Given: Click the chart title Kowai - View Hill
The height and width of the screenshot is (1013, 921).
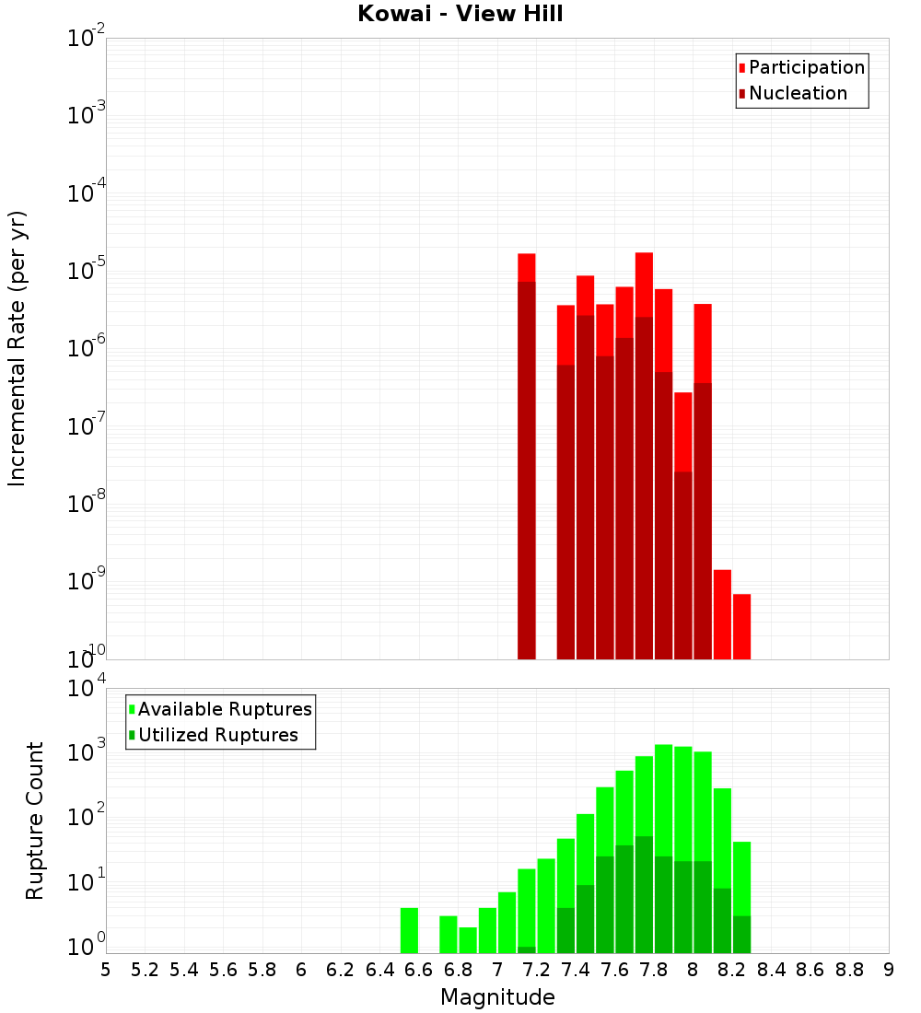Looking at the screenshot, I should [x=460, y=14].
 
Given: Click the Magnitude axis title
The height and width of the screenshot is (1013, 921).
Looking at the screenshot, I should [x=497, y=997].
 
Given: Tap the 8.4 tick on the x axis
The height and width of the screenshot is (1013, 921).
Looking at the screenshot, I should [x=772, y=970].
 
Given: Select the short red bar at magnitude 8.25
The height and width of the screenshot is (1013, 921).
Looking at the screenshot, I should [x=741, y=626].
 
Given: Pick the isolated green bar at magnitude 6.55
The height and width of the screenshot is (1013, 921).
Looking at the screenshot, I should [x=410, y=930].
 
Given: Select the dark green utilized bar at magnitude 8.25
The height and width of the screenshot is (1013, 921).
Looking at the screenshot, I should [x=741, y=934].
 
